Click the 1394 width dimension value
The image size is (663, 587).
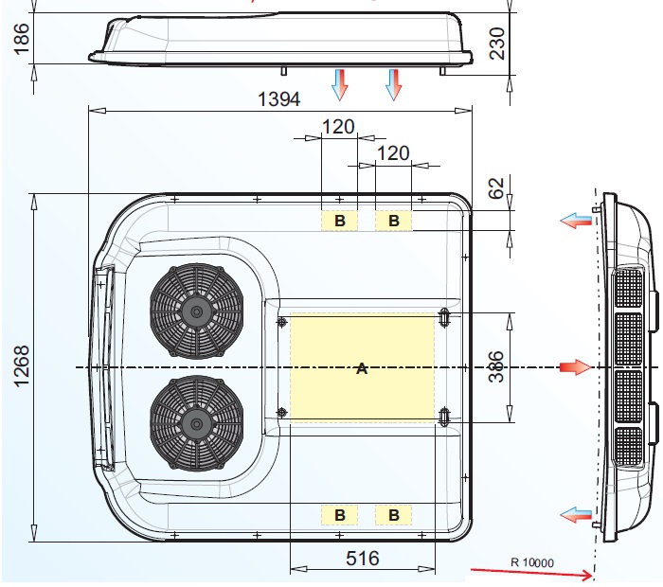279,98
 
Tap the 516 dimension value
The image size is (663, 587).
361,558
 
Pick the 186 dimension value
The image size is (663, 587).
24,38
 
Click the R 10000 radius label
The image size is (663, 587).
532,561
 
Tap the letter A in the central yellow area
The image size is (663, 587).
361,368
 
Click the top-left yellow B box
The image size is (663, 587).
339,221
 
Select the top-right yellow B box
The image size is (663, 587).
394,221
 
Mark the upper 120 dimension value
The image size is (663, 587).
338,127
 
